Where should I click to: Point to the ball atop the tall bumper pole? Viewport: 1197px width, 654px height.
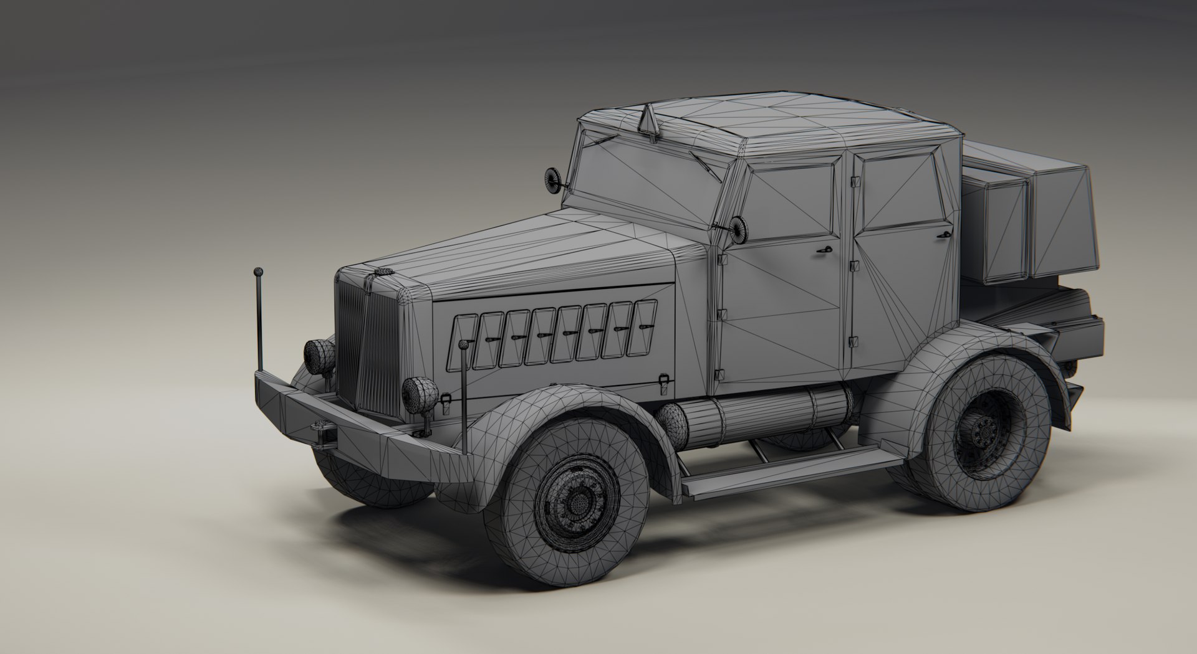pyautogui.click(x=257, y=272)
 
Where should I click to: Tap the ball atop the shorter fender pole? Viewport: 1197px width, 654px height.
pyautogui.click(x=463, y=344)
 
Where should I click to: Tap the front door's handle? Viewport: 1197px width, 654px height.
pyautogui.click(x=825, y=249)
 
